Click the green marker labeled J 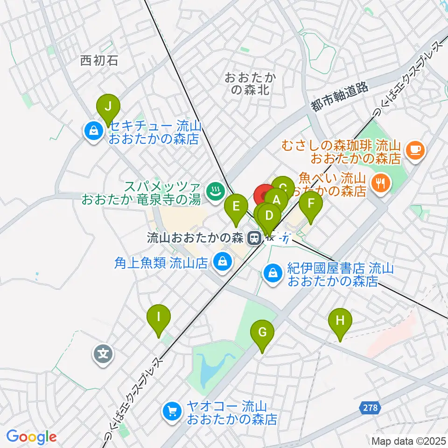click(108, 107)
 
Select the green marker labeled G click(262, 333)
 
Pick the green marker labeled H click(340, 322)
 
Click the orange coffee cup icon click(415, 150)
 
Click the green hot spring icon click(215, 191)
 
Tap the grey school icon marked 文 click(104, 353)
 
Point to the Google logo click(31, 437)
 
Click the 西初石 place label click(99, 60)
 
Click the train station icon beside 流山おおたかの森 click(254, 238)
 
